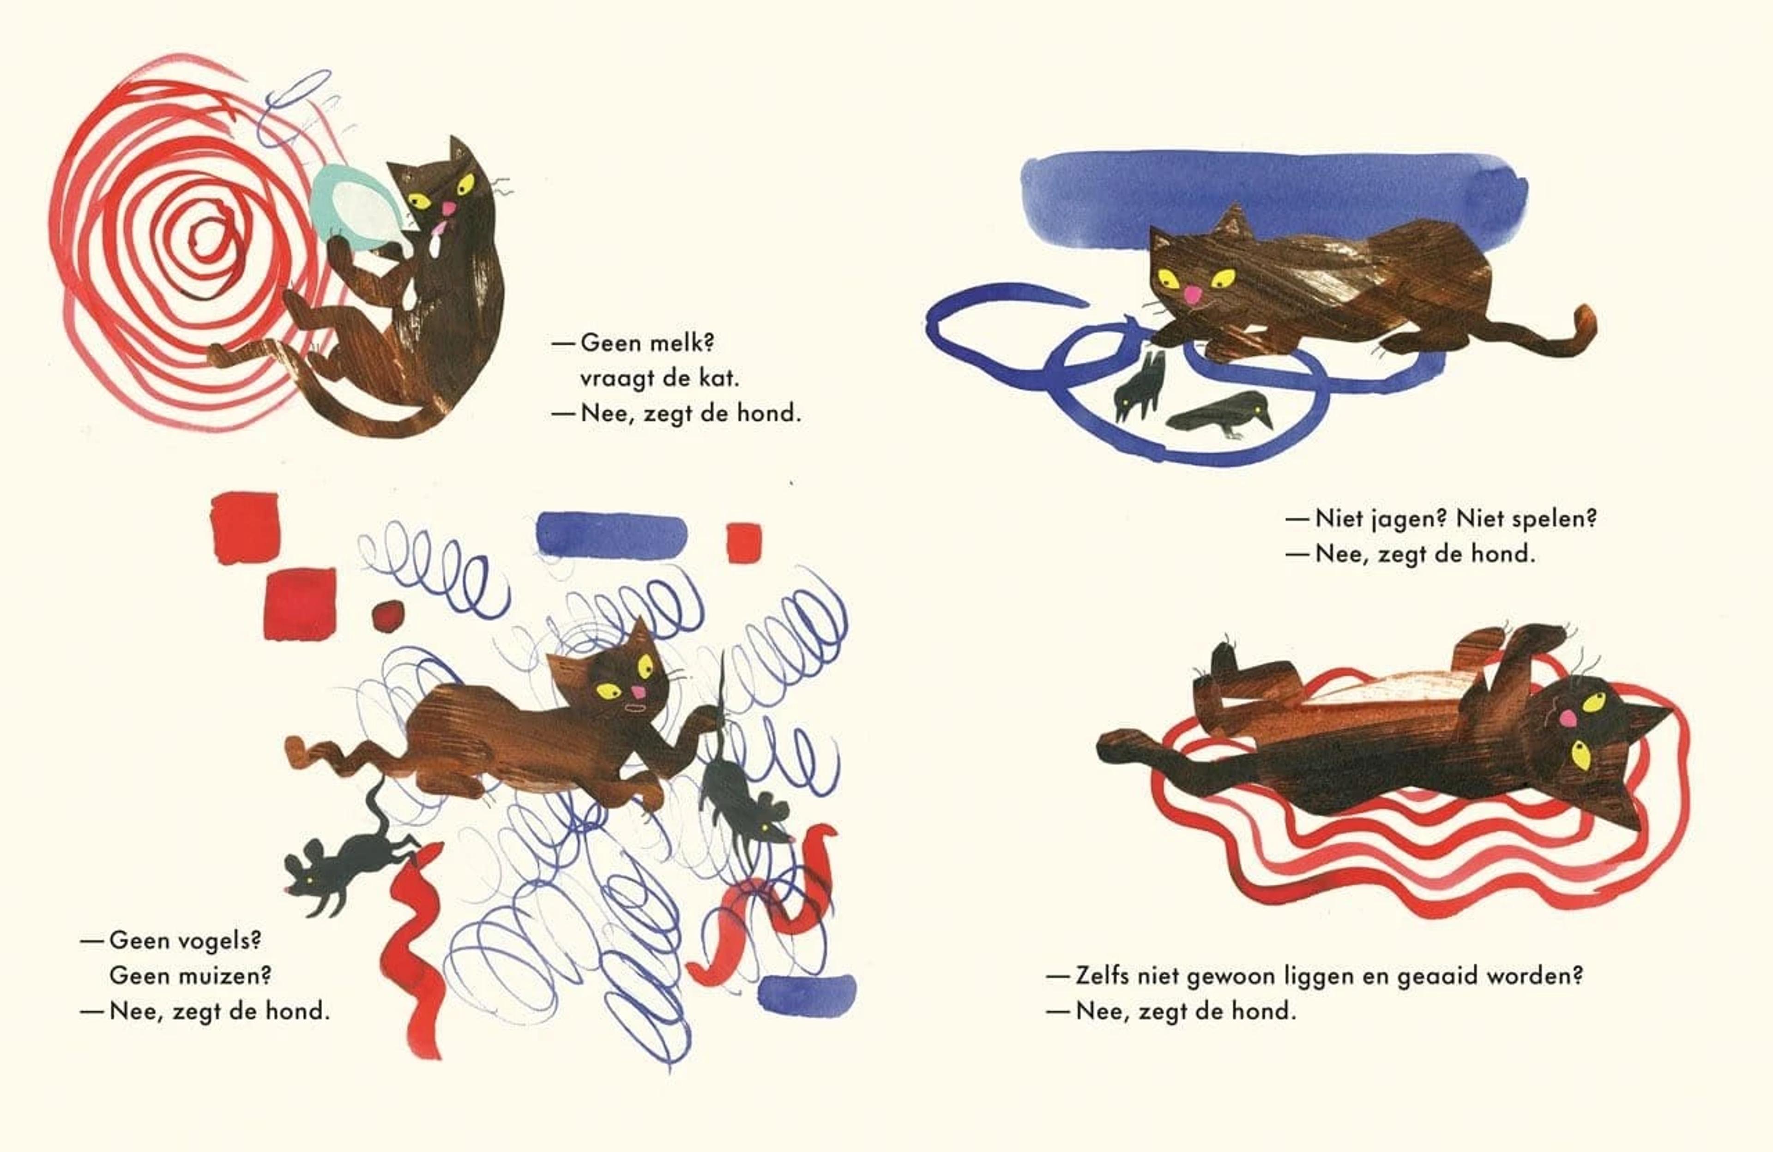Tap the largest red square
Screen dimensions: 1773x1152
(x=300, y=604)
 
